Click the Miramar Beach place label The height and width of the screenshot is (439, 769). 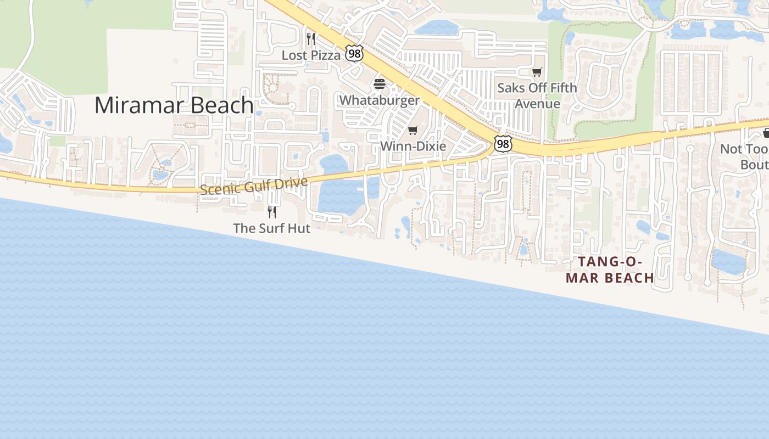[x=174, y=105]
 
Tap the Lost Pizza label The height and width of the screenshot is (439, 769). [x=311, y=55]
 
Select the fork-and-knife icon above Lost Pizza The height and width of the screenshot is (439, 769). [x=311, y=38]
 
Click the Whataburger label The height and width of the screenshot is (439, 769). [x=379, y=100]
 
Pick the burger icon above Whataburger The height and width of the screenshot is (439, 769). [x=380, y=84]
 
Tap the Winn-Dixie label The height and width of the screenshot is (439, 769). [x=413, y=146]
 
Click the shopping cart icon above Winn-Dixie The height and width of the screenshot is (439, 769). [x=413, y=130]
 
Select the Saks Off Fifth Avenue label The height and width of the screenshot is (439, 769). [x=537, y=95]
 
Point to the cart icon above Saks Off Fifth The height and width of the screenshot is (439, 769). [x=537, y=72]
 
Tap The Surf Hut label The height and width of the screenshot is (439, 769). [x=272, y=228]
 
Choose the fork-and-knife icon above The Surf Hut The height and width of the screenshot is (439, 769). [x=272, y=212]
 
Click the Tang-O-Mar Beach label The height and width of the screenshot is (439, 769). [x=610, y=269]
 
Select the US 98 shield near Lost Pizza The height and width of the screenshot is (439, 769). [x=354, y=53]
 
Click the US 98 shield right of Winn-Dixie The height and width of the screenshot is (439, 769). [x=503, y=144]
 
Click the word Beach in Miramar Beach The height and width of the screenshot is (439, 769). [x=222, y=105]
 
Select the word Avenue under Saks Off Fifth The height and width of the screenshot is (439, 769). [x=537, y=104]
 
